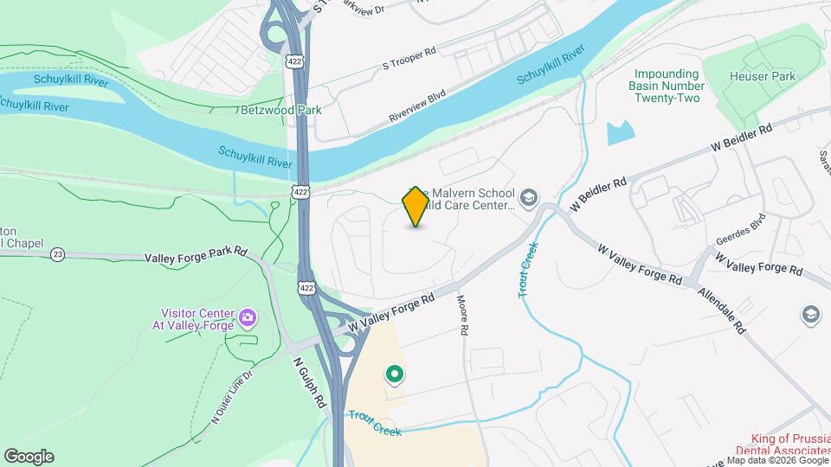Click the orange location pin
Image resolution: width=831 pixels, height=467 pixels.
[x=415, y=206]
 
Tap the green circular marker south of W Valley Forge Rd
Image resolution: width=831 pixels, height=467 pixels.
[x=395, y=374]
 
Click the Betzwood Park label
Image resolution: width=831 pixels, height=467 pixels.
[x=281, y=110]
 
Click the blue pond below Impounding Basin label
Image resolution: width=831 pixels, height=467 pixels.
[x=620, y=132]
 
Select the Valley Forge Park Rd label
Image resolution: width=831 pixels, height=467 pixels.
[x=196, y=258]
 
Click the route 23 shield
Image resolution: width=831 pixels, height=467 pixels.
[x=57, y=254]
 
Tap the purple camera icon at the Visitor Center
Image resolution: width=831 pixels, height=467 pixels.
[x=247, y=318]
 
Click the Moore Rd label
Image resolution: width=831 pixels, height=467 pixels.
[x=463, y=317]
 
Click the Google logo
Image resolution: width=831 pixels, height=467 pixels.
[x=29, y=456]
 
